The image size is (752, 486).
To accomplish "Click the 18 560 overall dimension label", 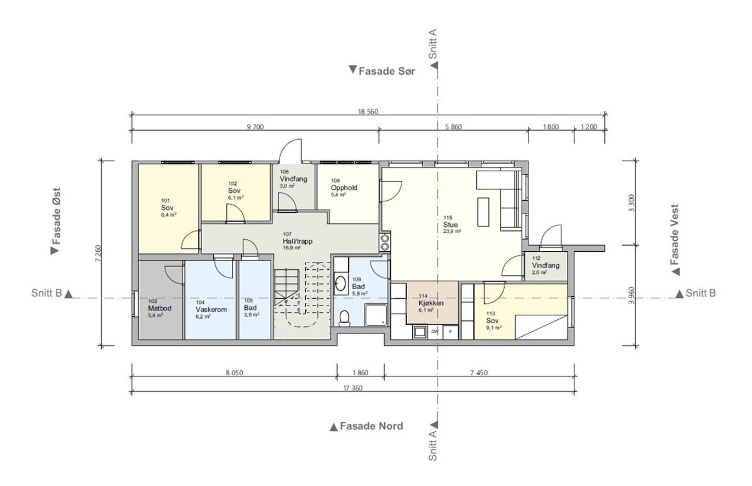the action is [x=368, y=111].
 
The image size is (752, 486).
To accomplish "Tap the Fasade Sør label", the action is [x=382, y=71].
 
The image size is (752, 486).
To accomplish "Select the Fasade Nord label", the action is [x=367, y=426].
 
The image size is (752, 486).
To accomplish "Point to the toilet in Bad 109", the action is [x=344, y=318].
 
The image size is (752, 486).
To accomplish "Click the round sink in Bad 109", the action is [x=341, y=284].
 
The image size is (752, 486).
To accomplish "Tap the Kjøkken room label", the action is [x=431, y=303].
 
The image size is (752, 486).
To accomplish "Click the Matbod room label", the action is [x=159, y=308].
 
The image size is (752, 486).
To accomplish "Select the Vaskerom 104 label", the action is [x=211, y=309].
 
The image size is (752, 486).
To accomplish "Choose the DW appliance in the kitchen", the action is [x=435, y=332].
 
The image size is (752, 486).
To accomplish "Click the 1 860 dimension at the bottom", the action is [x=361, y=373].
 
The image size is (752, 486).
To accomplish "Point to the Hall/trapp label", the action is [x=298, y=241].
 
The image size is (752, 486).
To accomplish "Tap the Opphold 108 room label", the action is [x=344, y=188].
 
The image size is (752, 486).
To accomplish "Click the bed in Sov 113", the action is [x=541, y=327].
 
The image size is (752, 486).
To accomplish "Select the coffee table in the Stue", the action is [x=483, y=212].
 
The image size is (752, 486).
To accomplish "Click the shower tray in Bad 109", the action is [x=376, y=315].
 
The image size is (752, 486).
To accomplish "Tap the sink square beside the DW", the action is [x=420, y=332].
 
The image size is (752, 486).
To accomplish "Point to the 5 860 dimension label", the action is [x=453, y=127].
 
